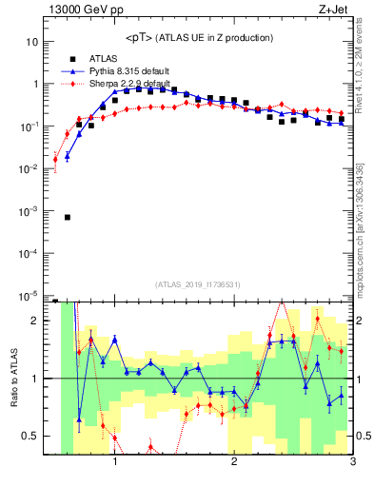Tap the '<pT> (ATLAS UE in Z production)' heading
click(199, 37)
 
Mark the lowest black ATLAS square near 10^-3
click(68, 217)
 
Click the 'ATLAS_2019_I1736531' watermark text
click(198, 283)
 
